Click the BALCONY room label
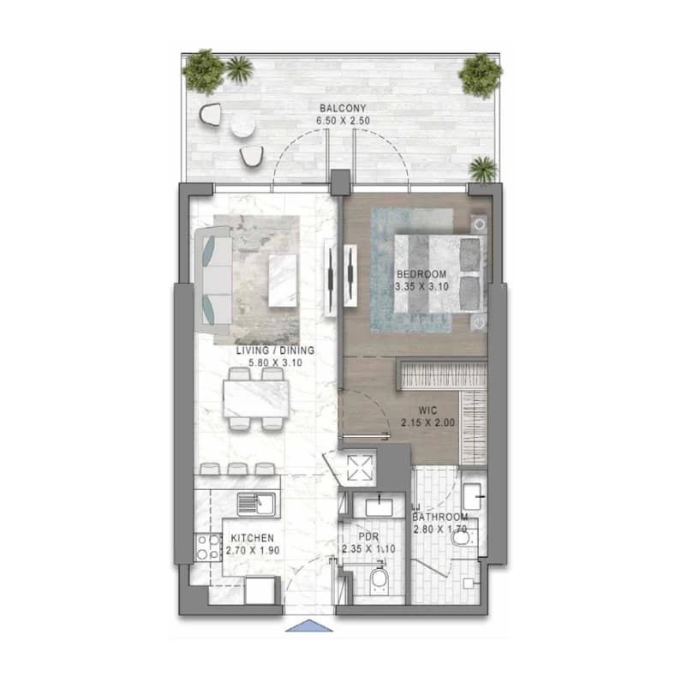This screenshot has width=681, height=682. click(343, 108)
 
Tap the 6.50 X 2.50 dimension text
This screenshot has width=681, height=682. click(343, 121)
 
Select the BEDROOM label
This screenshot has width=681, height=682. click(421, 274)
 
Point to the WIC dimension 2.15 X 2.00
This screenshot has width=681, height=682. click(428, 422)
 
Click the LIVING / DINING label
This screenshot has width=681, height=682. click(275, 350)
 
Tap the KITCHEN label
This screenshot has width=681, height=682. click(252, 538)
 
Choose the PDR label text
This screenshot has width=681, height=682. click(368, 537)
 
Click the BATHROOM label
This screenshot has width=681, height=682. click(440, 517)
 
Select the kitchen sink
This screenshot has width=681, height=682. click(257, 505)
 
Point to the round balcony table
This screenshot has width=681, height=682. click(243, 126)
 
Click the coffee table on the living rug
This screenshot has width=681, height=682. click(283, 280)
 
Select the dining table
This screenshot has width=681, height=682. click(256, 399)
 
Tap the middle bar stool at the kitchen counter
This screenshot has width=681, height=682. click(238, 469)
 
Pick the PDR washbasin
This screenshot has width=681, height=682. click(379, 506)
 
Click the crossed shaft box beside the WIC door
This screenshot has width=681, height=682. click(361, 468)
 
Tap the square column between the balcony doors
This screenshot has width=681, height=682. click(340, 182)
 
